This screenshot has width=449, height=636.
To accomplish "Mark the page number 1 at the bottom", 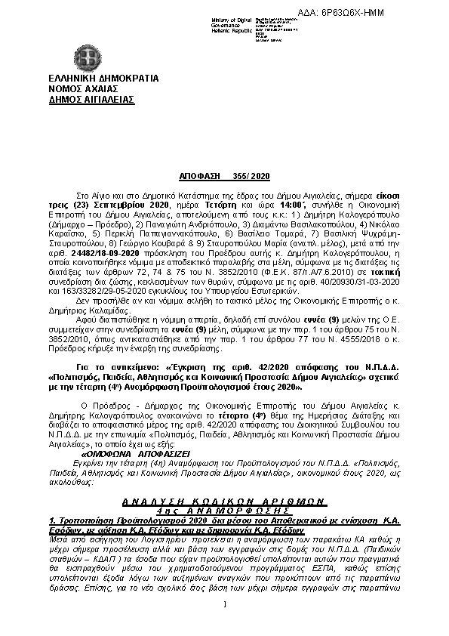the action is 224,624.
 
